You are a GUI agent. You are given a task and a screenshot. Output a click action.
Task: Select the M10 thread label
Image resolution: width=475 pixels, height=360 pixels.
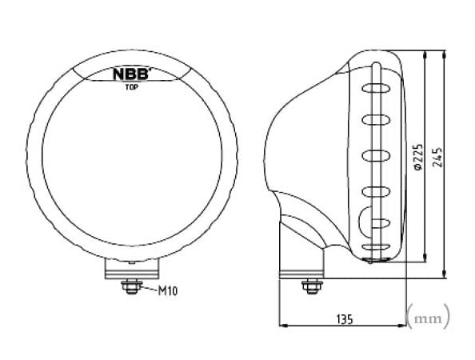pyautogui.click(x=167, y=291)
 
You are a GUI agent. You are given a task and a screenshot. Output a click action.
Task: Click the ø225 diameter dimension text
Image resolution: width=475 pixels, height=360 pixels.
pyautogui.click(x=417, y=158)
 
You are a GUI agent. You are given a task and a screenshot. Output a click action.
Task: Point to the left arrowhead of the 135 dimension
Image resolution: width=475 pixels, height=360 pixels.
pyautogui.click(x=282, y=326)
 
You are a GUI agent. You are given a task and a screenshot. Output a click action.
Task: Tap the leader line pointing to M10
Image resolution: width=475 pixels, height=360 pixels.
pyautogui.click(x=148, y=288)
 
